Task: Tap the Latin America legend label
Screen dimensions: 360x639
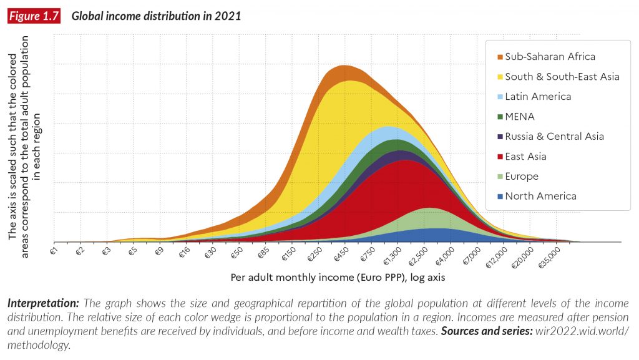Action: [538, 97]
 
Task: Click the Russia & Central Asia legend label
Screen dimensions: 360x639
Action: [554, 137]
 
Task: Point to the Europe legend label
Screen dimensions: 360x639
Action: [522, 177]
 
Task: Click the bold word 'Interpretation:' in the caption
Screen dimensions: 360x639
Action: [43, 304]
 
